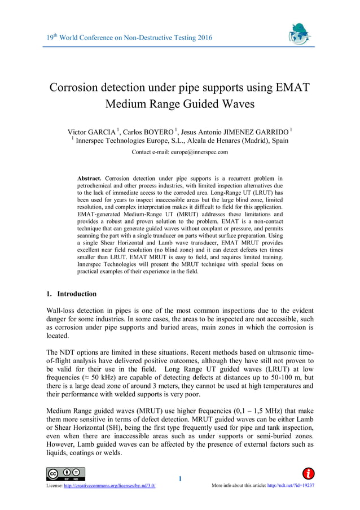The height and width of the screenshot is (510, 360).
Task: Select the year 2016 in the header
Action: pyautogui.click(x=202, y=38)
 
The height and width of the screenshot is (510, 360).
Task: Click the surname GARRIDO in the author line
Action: pyautogui.click(x=267, y=132)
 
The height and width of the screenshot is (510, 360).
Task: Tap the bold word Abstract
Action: pyautogui.click(x=90, y=178)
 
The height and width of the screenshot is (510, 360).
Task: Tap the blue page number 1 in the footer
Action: pyautogui.click(x=180, y=480)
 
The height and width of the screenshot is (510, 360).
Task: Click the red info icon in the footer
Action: pyautogui.click(x=309, y=473)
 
